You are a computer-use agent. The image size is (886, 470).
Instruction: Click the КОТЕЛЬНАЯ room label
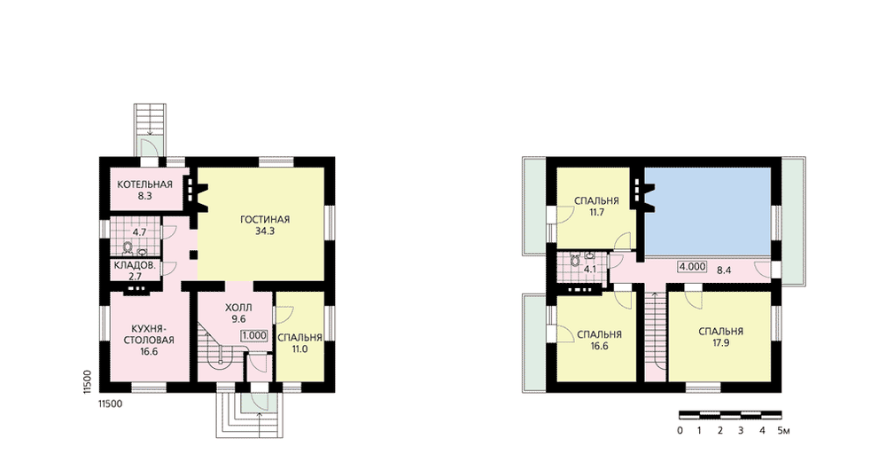point(144,184)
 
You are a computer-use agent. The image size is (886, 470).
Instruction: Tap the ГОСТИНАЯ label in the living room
point(264,219)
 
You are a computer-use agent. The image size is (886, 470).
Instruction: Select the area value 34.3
point(264,231)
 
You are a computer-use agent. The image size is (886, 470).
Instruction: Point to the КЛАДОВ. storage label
point(135,265)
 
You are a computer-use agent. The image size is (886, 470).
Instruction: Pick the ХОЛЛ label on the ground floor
point(238,308)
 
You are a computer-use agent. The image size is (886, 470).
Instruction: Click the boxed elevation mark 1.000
point(254,335)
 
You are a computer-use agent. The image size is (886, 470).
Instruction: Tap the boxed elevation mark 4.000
point(692,266)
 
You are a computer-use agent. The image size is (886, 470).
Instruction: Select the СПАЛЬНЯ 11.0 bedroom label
point(300,343)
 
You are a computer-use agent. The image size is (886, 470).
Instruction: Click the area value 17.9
point(720,342)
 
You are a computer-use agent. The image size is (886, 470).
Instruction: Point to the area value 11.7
point(596,213)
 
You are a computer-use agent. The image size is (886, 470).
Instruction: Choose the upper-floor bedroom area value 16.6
point(599,346)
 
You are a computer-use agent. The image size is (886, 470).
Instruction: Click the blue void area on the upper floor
point(709,211)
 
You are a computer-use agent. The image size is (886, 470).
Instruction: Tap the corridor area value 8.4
point(724,270)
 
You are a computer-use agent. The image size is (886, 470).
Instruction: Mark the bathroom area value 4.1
point(590,270)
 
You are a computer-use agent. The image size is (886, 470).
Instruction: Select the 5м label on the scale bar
point(783,430)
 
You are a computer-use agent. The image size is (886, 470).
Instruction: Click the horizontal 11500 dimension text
point(110,403)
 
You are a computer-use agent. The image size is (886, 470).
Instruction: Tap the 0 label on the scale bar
point(680,430)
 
